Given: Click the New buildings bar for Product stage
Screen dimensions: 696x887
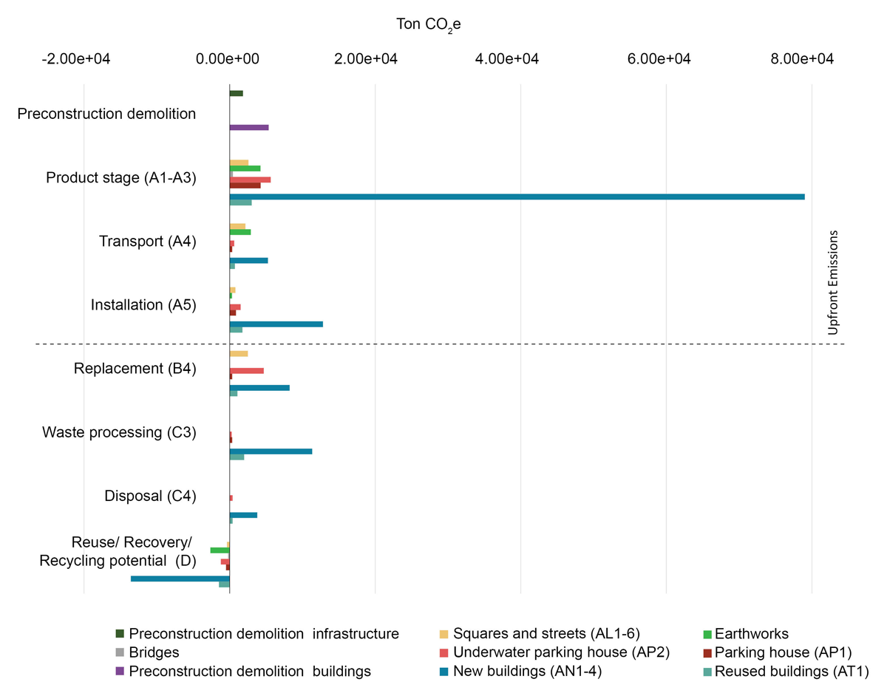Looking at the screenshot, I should point(517,197).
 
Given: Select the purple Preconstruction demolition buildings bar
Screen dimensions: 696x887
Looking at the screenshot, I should point(249,127).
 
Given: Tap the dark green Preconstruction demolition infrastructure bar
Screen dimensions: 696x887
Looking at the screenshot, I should point(237,93).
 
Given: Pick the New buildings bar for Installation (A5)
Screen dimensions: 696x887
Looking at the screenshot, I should point(276,324).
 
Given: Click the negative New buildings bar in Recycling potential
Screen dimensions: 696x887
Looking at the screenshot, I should point(180,579).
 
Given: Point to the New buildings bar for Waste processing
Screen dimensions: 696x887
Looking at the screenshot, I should point(271,451).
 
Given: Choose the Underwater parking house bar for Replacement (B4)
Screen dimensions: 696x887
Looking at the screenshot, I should point(247,370).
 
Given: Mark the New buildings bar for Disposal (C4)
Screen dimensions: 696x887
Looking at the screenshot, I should point(243,514).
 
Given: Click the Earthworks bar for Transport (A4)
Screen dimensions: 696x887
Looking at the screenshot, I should point(240,232).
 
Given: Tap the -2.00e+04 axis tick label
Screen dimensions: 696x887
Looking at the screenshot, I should point(76,59).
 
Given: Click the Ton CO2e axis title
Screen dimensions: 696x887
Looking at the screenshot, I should point(429,25).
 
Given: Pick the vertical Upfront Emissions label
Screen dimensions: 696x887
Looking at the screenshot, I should point(833,283).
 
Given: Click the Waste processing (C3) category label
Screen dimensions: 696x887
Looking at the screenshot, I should point(119,432).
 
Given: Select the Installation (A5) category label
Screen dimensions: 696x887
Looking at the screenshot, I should point(143,304).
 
